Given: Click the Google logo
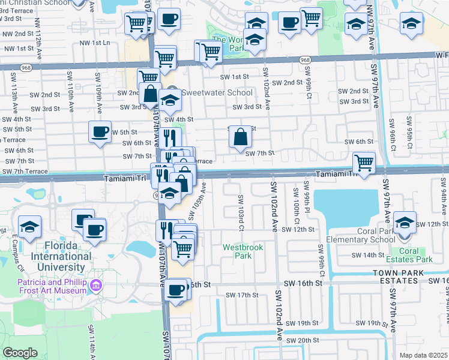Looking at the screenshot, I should [20, 353].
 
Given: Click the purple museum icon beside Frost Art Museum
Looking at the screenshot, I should [95, 288].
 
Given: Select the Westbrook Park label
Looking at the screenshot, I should [237, 251].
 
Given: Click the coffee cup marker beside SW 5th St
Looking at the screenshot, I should [100, 131].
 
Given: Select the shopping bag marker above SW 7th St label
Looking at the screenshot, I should [240, 136].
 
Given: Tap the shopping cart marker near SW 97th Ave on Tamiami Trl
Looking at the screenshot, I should [364, 161].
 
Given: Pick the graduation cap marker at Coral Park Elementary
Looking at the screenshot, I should [406, 222].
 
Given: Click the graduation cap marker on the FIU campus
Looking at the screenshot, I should [29, 227].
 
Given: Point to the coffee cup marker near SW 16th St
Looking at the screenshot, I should [175, 290].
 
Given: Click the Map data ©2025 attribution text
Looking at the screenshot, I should [423, 355].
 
